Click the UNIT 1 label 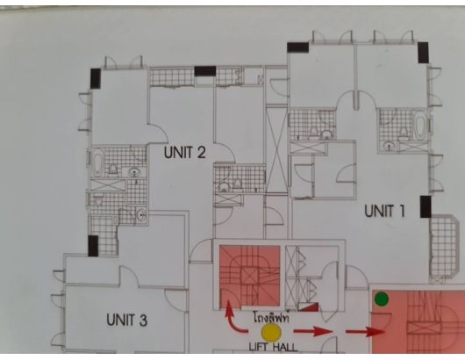[x=384, y=211]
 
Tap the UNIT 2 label [x=184, y=152]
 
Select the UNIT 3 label [x=126, y=320]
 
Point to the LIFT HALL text [x=273, y=347]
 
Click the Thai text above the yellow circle [x=271, y=317]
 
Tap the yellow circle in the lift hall [x=271, y=333]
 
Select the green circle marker [x=382, y=299]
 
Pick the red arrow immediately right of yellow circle [x=313, y=331]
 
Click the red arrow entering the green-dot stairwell [x=365, y=332]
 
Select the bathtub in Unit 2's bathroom [x=98, y=161]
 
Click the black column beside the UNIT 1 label [x=426, y=206]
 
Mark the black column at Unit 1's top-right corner [x=423, y=53]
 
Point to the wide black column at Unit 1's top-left [x=297, y=47]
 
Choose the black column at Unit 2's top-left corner [x=96, y=78]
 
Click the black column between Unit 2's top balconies [x=205, y=71]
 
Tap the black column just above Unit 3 [x=93, y=246]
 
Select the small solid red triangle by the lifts [x=309, y=306]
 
